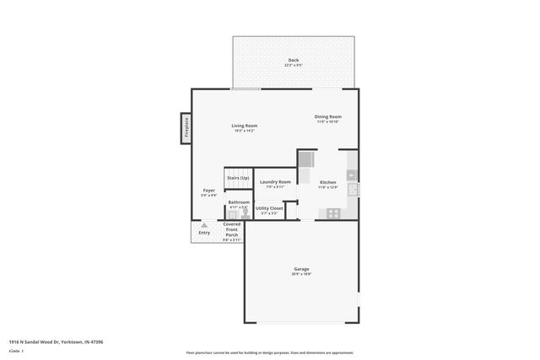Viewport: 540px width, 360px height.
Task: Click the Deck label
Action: (294, 60)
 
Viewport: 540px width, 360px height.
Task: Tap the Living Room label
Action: (245, 126)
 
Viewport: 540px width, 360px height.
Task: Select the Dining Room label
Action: (328, 116)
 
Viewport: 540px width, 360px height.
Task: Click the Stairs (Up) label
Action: (237, 178)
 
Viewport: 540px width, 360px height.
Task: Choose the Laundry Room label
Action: (275, 182)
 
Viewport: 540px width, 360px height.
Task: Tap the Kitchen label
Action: (327, 182)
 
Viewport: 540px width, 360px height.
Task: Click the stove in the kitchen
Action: (333, 212)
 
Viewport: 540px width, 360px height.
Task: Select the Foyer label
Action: (208, 191)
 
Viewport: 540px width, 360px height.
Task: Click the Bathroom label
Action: (238, 202)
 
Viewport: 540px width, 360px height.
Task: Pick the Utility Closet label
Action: (269, 207)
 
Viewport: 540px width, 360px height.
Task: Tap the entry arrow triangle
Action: (204, 223)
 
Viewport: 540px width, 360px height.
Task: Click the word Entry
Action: (204, 232)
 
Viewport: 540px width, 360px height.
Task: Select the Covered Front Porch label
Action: (231, 228)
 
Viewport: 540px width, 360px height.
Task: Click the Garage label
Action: (301, 269)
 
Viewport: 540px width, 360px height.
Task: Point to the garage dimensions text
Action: (301, 274)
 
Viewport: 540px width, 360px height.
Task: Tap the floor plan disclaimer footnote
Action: (269, 352)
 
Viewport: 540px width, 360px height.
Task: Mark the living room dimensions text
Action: (245, 131)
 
